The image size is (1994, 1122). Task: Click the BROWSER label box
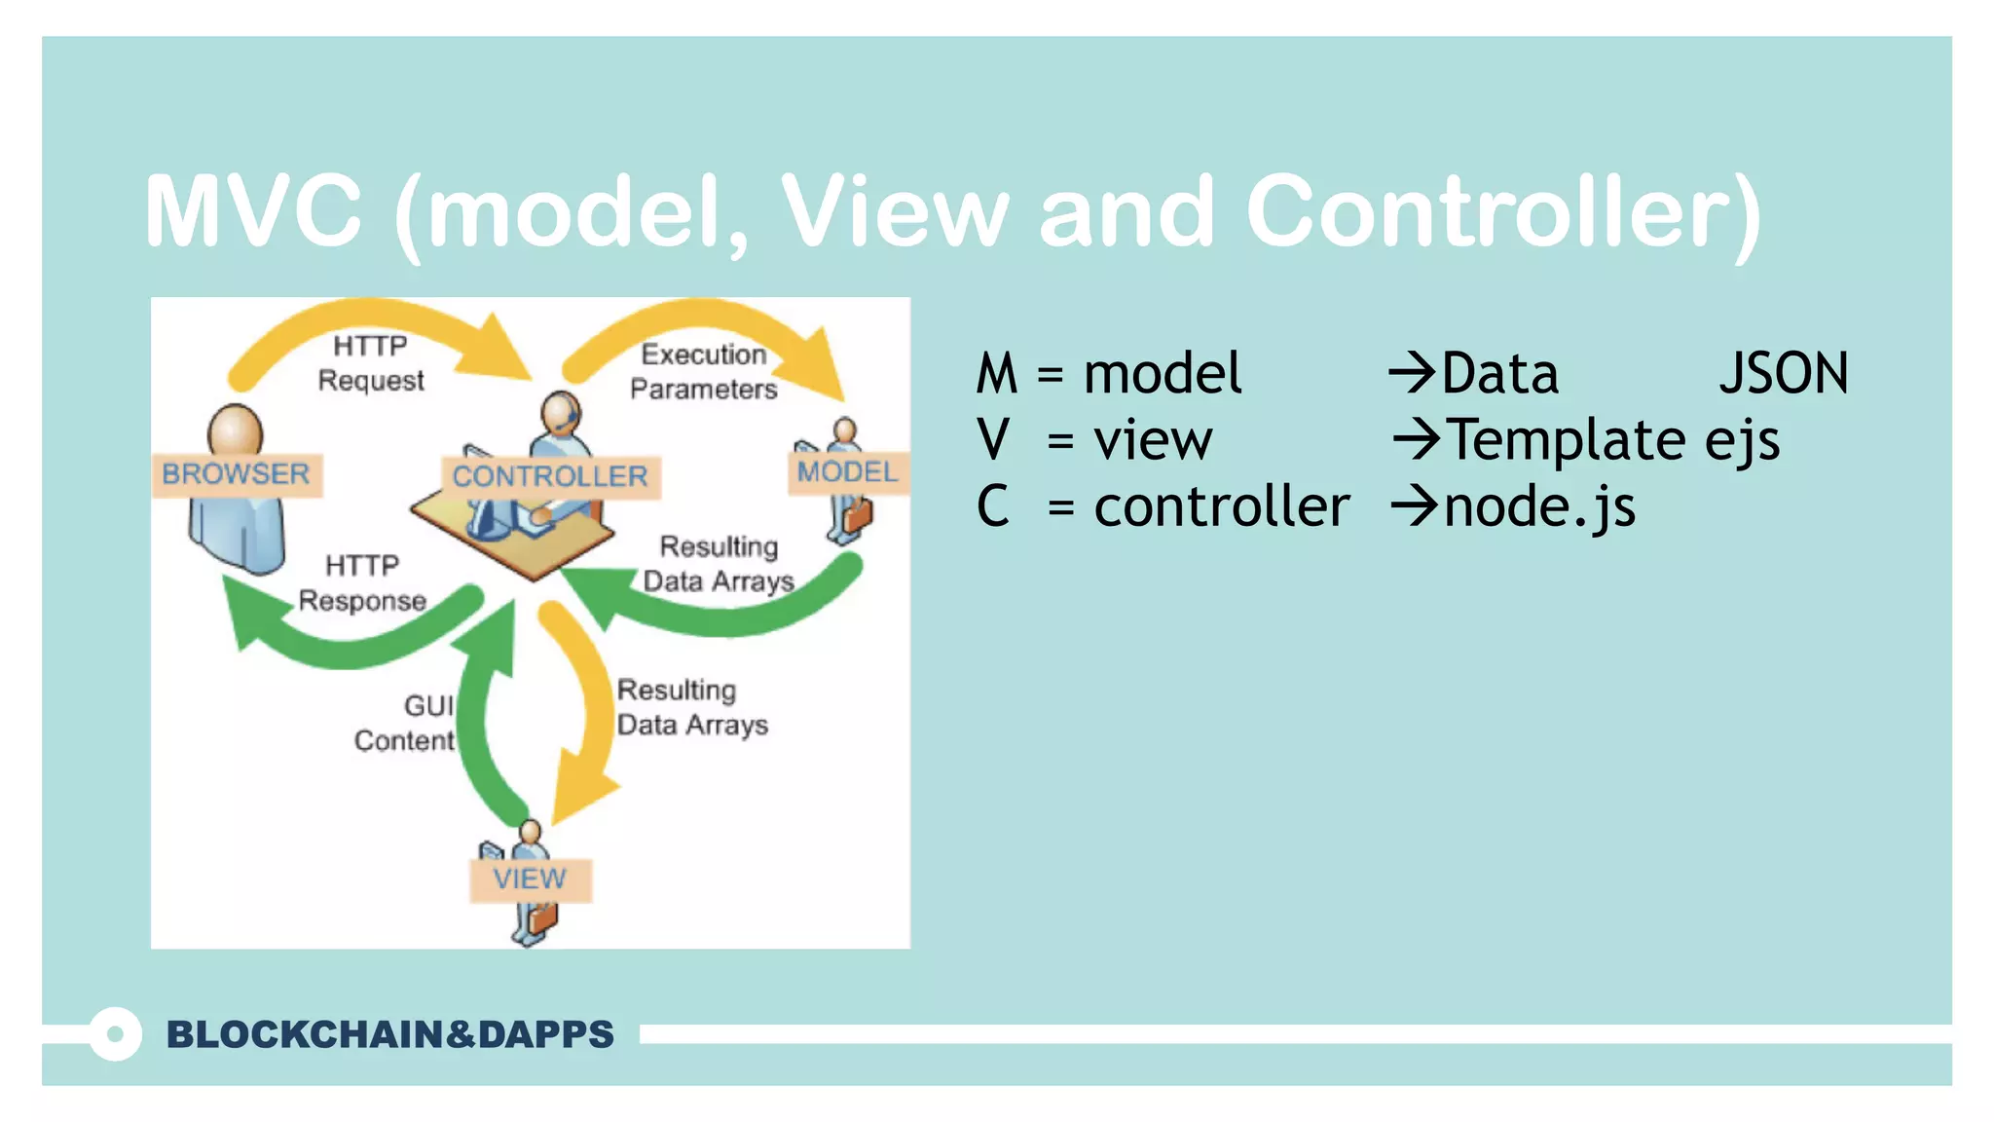pyautogui.click(x=237, y=474)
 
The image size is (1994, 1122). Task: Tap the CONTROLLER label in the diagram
pyautogui.click(x=550, y=476)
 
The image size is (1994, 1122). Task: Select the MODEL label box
pyautogui.click(x=847, y=472)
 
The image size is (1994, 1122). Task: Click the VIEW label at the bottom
pyautogui.click(x=530, y=879)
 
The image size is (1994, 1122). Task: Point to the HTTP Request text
pyautogui.click(x=371, y=363)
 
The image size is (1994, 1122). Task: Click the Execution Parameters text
pyautogui.click(x=703, y=371)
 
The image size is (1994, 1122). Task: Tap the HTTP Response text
pyautogui.click(x=362, y=583)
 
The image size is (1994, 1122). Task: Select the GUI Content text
pyautogui.click(x=406, y=723)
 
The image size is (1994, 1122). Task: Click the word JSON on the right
pyautogui.click(x=1783, y=374)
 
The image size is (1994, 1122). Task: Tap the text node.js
pyautogui.click(x=1539, y=507)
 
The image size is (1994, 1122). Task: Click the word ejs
pyautogui.click(x=1742, y=440)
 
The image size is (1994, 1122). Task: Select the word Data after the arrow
pyautogui.click(x=1499, y=374)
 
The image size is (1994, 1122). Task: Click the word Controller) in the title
pyautogui.click(x=1504, y=211)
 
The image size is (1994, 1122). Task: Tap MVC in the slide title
pyautogui.click(x=253, y=211)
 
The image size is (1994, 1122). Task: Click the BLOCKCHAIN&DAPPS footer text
pyautogui.click(x=389, y=1034)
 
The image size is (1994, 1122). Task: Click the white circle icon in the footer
pyautogui.click(x=115, y=1034)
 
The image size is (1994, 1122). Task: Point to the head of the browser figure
pyautogui.click(x=235, y=430)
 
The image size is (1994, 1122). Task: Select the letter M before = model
pyautogui.click(x=997, y=374)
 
